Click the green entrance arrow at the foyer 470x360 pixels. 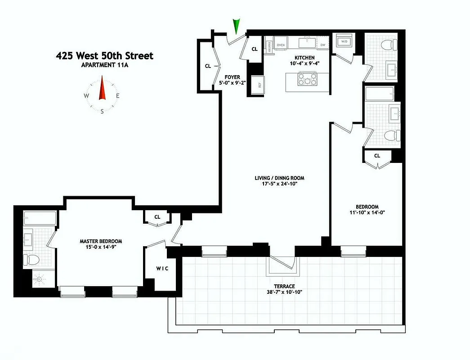coord(237,26)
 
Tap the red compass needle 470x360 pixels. coord(102,88)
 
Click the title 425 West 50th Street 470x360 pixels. coord(104,56)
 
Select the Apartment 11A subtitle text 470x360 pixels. coord(104,65)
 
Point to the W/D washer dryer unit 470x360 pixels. coord(345,41)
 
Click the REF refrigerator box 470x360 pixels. coord(259,84)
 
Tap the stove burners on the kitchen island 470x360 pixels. coord(306,80)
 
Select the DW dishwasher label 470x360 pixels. coord(323,45)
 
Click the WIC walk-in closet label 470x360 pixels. coord(163,269)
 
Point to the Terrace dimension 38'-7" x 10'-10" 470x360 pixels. coord(286,292)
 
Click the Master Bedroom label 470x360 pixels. coord(98,241)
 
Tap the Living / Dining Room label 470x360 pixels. coord(276,177)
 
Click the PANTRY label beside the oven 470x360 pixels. coord(269,45)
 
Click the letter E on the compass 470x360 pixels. coord(117,96)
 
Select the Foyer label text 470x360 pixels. coord(232,77)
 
